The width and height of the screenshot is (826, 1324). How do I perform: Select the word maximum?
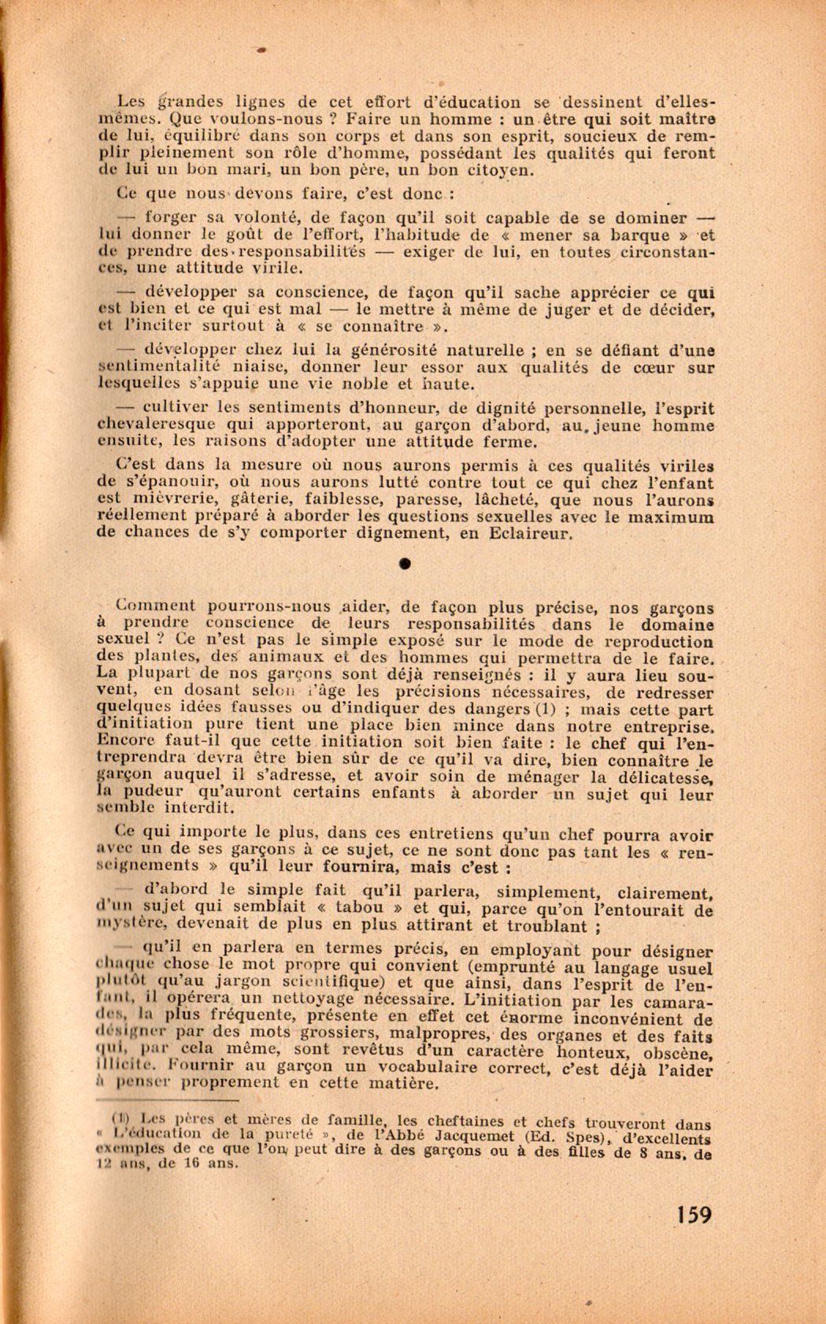pos(674,516)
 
